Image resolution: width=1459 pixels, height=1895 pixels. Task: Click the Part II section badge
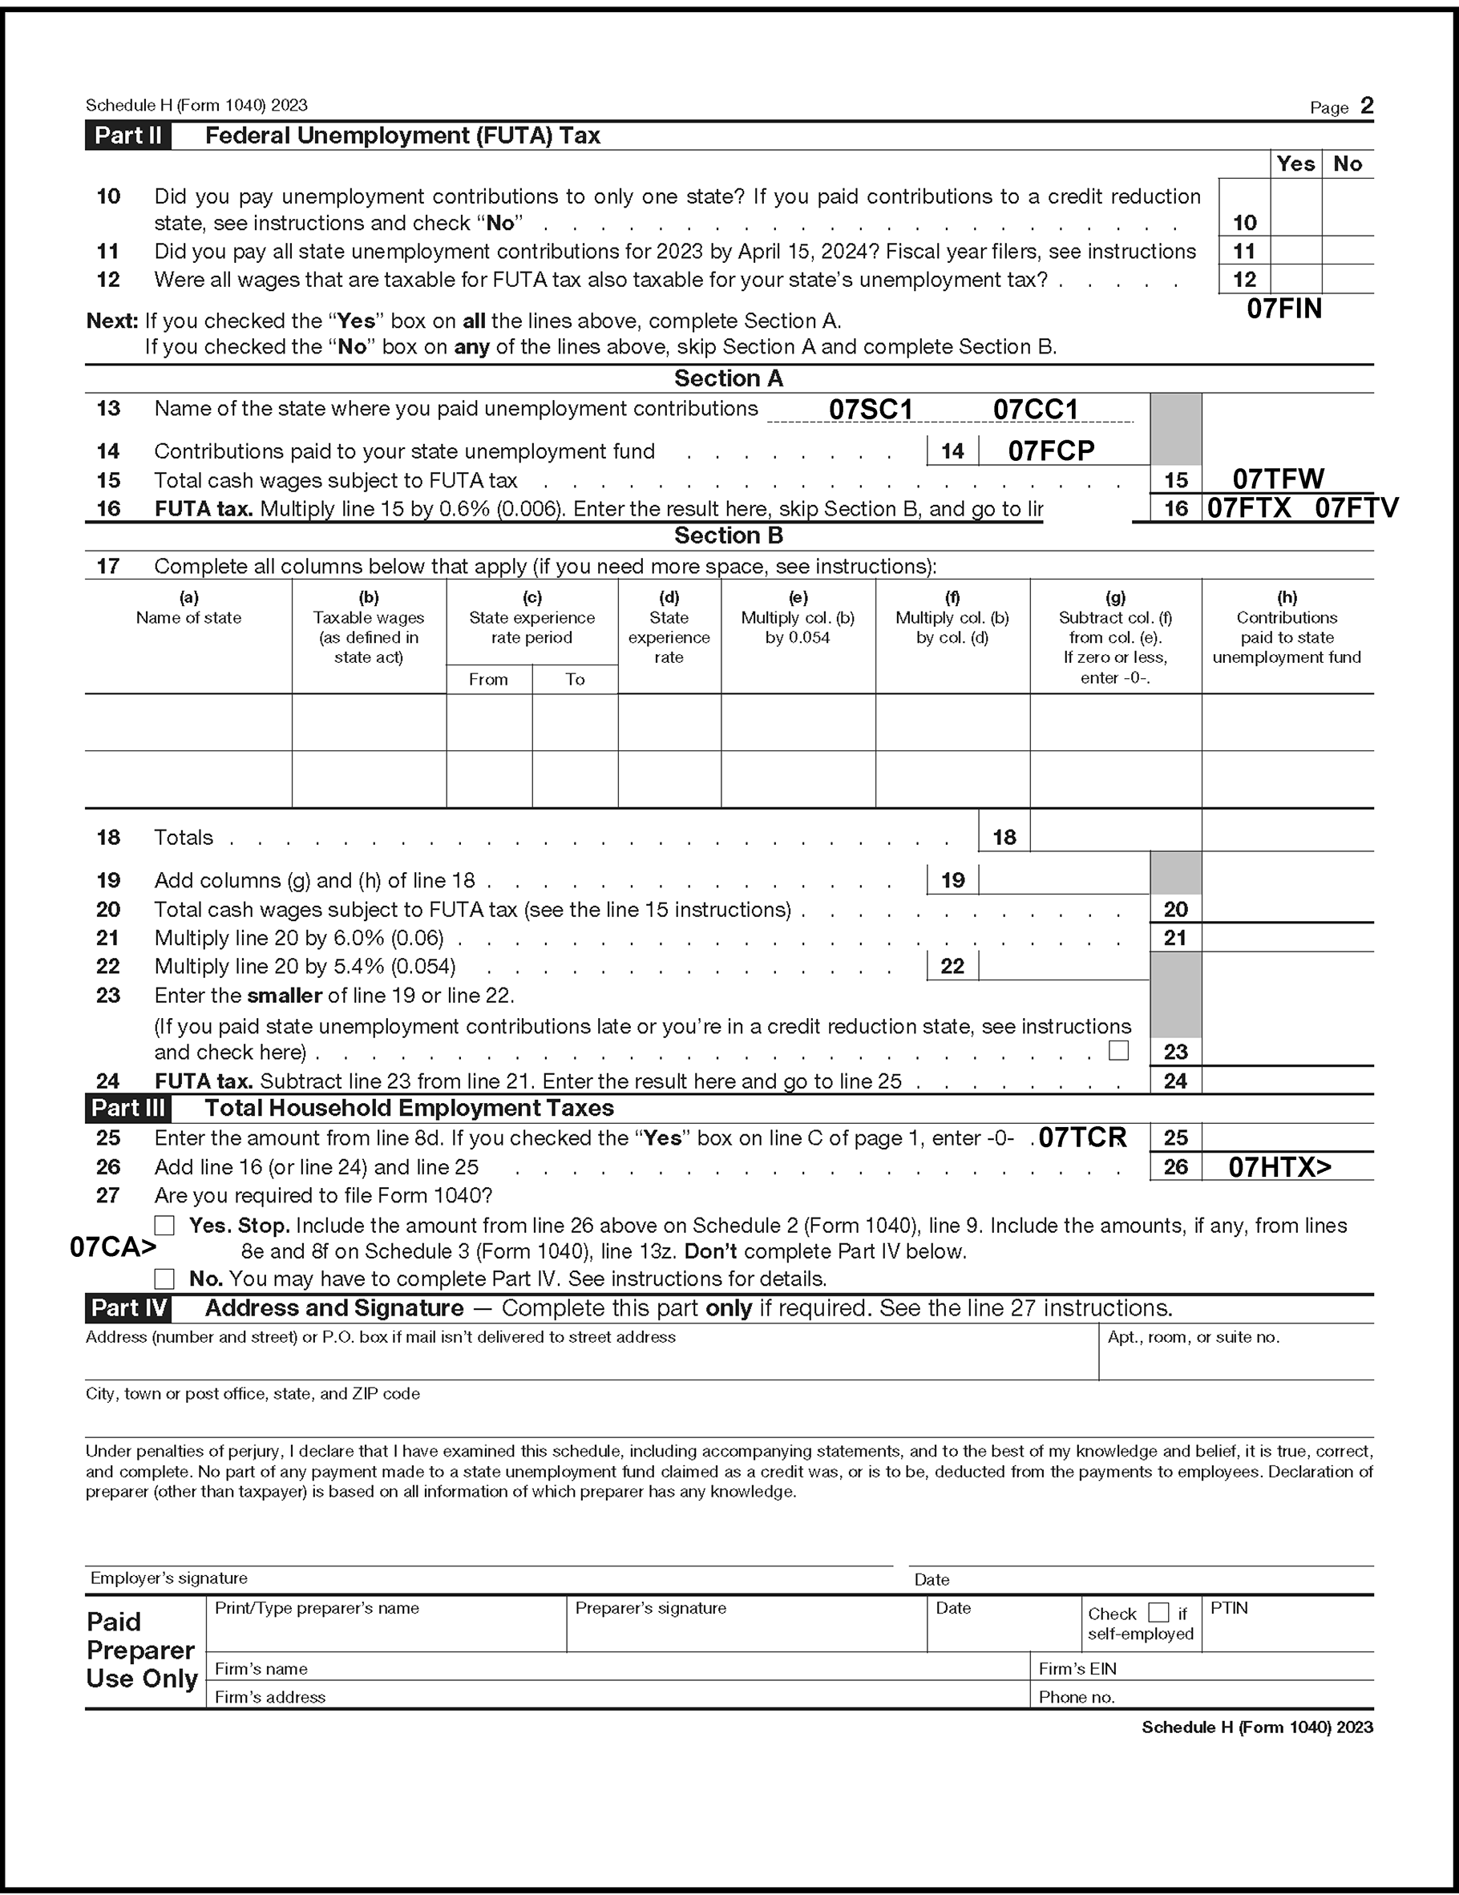coord(127,135)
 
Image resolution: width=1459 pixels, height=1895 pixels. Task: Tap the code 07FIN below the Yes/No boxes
coord(1283,309)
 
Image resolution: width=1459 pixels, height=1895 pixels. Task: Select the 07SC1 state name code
coord(871,410)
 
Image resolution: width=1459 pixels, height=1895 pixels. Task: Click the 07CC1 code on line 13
coord(1035,410)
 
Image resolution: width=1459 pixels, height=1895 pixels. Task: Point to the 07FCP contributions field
coord(1051,451)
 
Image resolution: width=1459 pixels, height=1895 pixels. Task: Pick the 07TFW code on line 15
coord(1278,479)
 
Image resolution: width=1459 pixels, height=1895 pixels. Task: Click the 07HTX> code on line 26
coord(1279,1167)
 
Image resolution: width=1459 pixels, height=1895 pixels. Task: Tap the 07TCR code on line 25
coord(1082,1137)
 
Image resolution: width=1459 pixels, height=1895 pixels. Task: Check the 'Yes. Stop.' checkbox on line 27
coord(164,1225)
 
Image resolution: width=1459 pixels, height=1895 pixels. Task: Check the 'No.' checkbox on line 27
coord(164,1278)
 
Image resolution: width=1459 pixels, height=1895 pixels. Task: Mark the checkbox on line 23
coord(1119,1051)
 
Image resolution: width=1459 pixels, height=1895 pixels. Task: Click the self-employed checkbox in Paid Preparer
coord(1158,1612)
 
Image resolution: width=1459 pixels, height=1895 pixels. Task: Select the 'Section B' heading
coord(728,535)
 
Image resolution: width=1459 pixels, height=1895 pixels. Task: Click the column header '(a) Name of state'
coord(188,608)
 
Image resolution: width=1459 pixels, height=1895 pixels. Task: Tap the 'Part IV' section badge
coord(128,1307)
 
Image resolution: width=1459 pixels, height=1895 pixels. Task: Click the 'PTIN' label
coord(1229,1608)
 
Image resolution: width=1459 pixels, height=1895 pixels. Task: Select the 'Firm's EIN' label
coord(1077,1668)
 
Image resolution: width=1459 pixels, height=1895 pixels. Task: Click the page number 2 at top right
coord(1366,106)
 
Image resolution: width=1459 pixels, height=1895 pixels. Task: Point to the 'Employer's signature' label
coord(168,1578)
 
